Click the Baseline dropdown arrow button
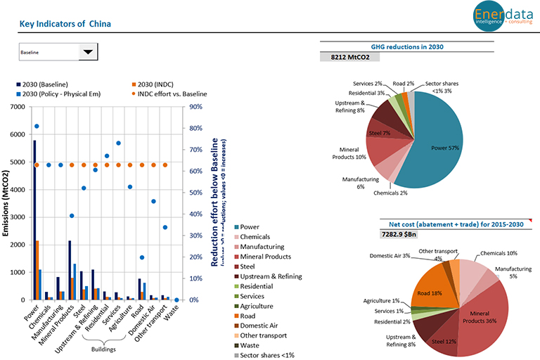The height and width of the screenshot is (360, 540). tap(87, 52)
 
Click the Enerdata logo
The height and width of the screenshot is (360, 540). tap(499, 17)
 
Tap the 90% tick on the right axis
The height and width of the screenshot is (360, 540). tap(195, 107)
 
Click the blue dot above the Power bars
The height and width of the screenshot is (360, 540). tap(37, 127)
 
